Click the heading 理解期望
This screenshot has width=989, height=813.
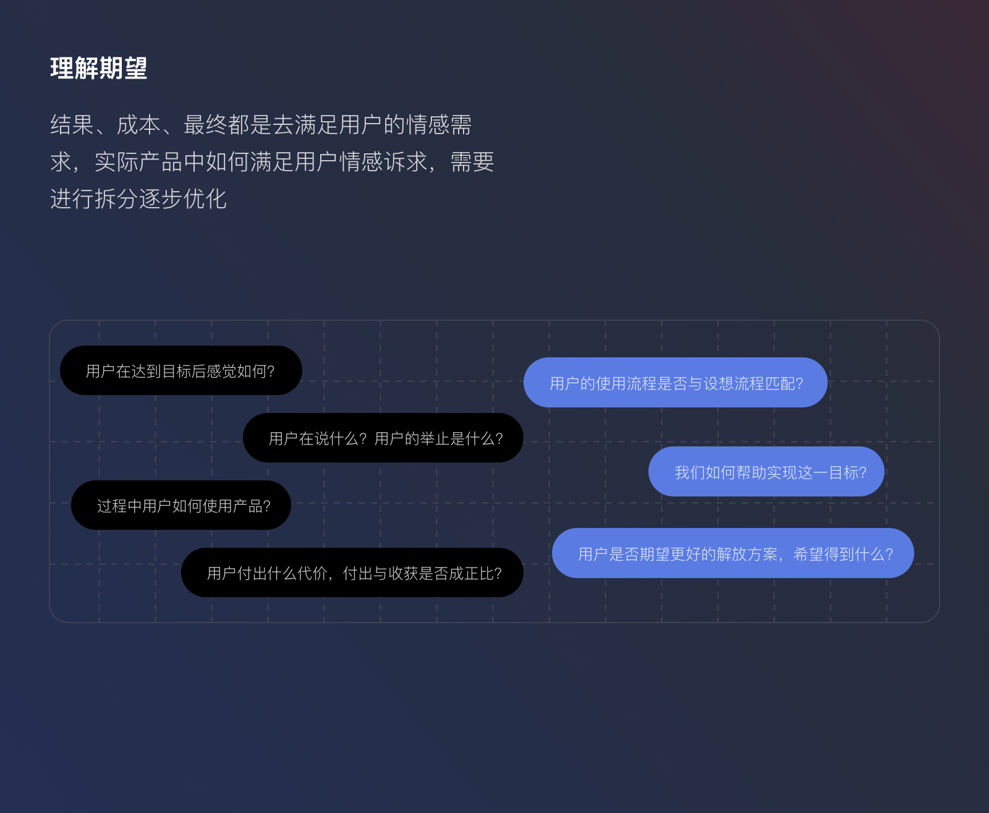[99, 68]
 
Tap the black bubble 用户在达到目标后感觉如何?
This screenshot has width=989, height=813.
[180, 370]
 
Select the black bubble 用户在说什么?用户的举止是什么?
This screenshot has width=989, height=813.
[383, 438]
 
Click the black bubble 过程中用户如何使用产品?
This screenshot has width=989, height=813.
[180, 505]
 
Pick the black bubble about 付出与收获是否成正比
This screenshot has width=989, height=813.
[352, 573]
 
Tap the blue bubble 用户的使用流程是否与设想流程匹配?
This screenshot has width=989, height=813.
[675, 383]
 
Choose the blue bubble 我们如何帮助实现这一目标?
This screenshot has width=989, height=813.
[766, 472]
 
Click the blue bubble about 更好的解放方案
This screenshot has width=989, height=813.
[732, 553]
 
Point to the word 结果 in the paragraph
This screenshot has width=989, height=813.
[72, 125]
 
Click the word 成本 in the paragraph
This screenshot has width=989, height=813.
[138, 125]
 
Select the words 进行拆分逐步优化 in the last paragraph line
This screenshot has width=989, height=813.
[138, 199]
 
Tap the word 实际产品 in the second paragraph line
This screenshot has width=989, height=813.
[138, 162]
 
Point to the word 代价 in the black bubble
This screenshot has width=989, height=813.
[312, 573]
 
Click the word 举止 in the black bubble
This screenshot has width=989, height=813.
[435, 438]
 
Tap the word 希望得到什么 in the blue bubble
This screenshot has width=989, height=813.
[839, 554]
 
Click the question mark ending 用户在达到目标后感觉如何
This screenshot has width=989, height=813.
[271, 371]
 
